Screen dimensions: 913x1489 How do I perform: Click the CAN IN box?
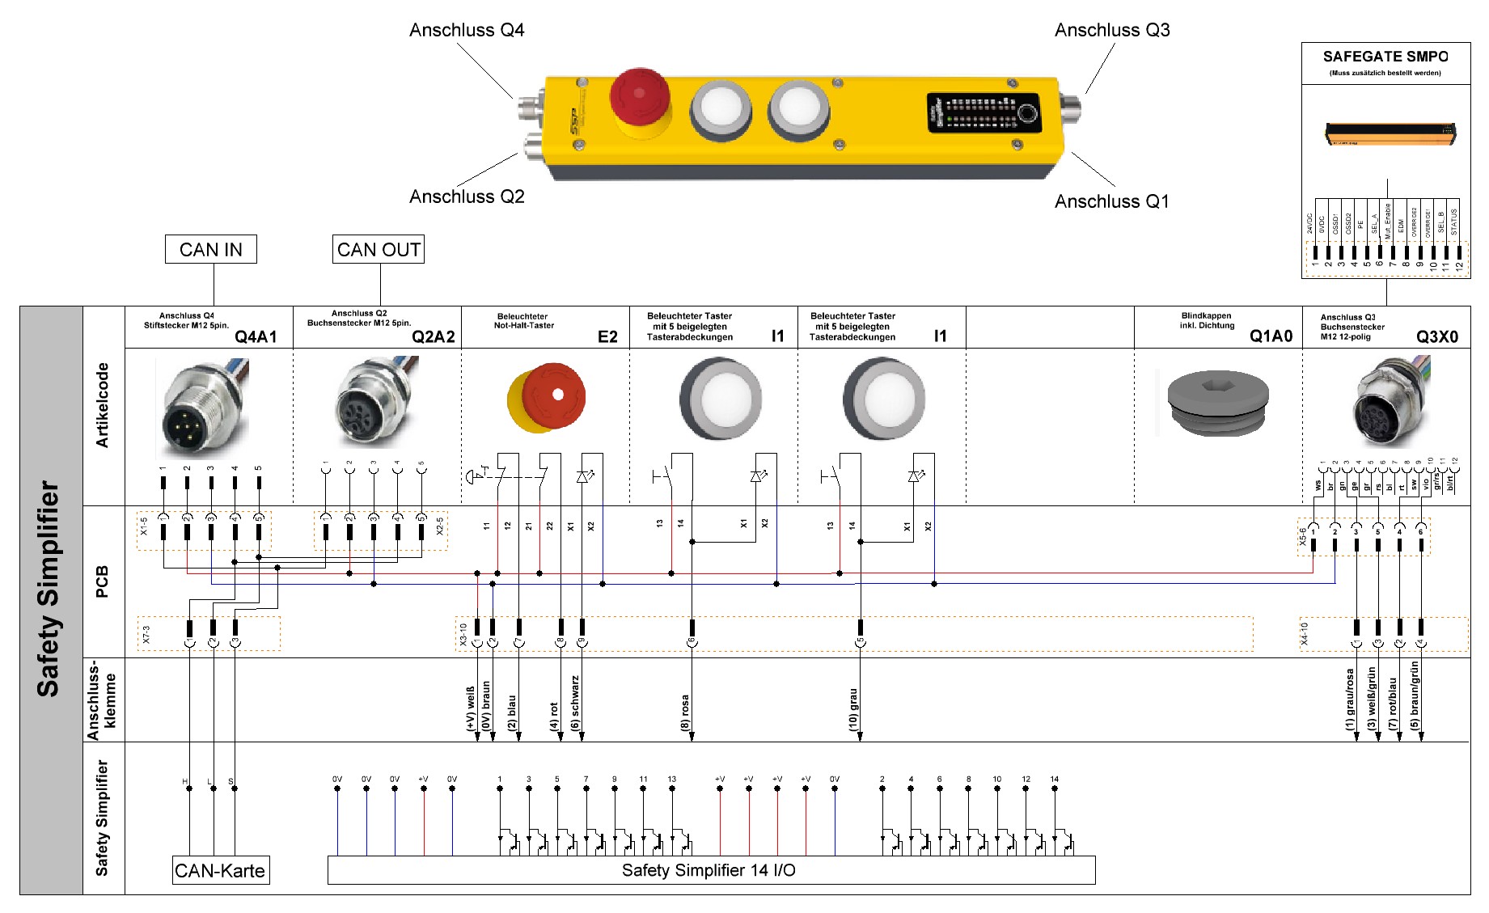[210, 249]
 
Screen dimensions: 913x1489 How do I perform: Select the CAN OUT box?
[379, 249]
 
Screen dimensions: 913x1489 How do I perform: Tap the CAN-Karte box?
[220, 870]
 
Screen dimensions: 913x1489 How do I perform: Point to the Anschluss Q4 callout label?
[467, 31]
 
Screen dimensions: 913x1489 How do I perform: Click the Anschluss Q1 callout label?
[1111, 201]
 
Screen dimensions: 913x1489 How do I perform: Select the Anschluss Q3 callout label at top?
[1111, 31]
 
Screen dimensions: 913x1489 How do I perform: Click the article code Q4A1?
[256, 336]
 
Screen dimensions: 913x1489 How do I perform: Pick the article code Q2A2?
[433, 336]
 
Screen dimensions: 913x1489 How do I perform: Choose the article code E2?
[607, 336]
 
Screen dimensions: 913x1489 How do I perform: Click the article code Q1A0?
[1271, 336]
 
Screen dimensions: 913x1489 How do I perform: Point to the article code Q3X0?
[1436, 336]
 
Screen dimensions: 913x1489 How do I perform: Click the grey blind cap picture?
[1217, 402]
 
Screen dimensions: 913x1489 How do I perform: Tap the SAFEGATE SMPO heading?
[1385, 57]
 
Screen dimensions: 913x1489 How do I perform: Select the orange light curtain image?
[1390, 133]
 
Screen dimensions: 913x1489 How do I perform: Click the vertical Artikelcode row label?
[103, 404]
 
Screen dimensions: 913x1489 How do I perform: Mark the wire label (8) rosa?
[685, 712]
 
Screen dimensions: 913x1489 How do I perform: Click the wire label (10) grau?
[853, 710]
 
